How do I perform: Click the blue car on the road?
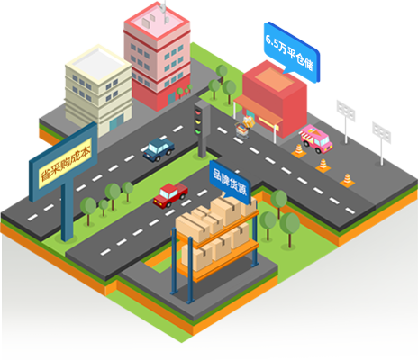click(159, 149)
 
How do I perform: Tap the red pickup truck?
click(170, 195)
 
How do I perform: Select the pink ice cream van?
click(316, 139)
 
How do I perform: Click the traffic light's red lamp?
click(197, 112)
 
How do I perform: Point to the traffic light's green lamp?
click(197, 131)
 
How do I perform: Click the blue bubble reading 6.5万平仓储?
click(292, 52)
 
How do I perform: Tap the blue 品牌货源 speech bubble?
click(230, 182)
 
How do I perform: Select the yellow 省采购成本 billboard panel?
click(65, 163)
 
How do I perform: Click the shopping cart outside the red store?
click(242, 131)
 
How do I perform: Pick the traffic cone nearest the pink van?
click(299, 151)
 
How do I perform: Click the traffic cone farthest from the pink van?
click(347, 180)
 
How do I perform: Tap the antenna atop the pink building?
click(164, 12)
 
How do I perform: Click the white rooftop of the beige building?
click(98, 64)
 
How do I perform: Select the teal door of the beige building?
click(116, 122)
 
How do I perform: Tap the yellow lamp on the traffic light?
click(197, 121)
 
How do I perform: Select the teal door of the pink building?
click(171, 98)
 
